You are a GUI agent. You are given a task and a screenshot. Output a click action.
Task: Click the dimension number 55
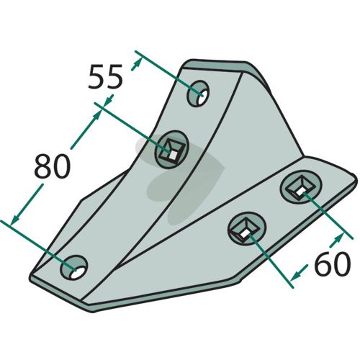pyautogui.click(x=105, y=77)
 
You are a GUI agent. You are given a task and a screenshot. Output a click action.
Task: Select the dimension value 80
pyautogui.click(x=53, y=166)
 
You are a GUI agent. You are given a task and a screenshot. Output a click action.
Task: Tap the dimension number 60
pyautogui.click(x=333, y=264)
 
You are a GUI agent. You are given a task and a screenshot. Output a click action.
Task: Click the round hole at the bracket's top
pyautogui.click(x=198, y=94)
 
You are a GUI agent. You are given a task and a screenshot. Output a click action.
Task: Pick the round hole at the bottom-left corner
pyautogui.click(x=74, y=268)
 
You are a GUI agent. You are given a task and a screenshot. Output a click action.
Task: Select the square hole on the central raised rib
pyautogui.click(x=172, y=149)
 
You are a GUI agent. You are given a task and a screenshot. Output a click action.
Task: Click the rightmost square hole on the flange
pyautogui.click(x=301, y=187)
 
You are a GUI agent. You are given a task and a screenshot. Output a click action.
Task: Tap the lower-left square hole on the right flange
pyautogui.click(x=247, y=228)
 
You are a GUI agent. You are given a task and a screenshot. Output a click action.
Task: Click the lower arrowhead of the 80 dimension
pyautogui.click(x=15, y=218)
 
